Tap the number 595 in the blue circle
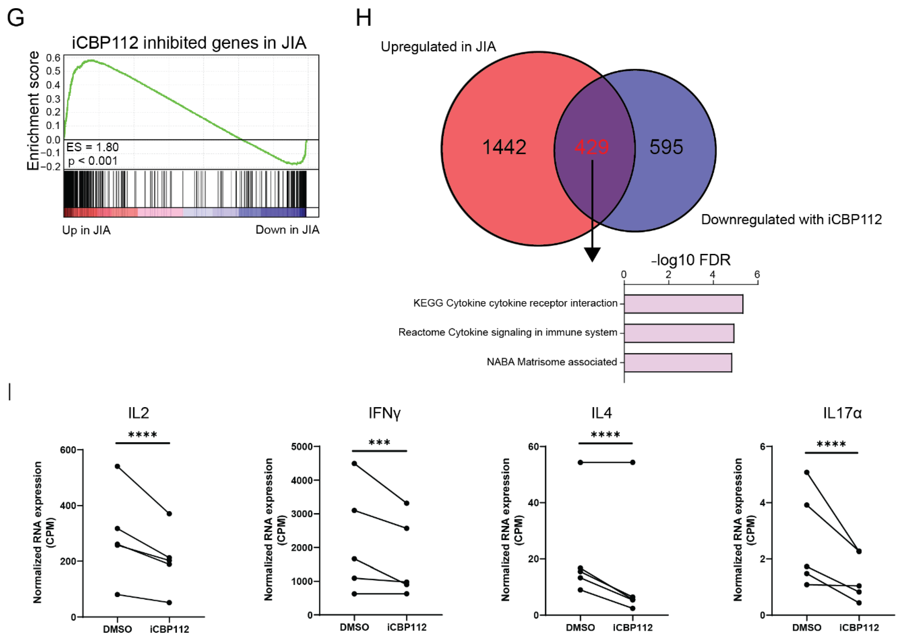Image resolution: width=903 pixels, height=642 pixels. click(666, 147)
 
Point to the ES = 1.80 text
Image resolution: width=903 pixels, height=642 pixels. click(92, 147)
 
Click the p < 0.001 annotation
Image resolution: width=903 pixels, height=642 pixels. click(93, 161)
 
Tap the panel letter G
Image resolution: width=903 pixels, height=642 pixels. click(16, 18)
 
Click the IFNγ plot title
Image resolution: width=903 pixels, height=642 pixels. click(384, 413)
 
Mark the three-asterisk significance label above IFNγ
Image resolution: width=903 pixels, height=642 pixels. click(379, 443)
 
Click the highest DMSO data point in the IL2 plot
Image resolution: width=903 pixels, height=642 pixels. click(117, 466)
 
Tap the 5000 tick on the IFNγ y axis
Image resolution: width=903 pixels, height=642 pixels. click(302, 447)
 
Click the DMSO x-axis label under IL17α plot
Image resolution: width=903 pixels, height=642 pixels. click(807, 627)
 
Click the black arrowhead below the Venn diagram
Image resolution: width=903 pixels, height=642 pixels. click(592, 254)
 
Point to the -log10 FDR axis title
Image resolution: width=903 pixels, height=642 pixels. click(691, 260)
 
